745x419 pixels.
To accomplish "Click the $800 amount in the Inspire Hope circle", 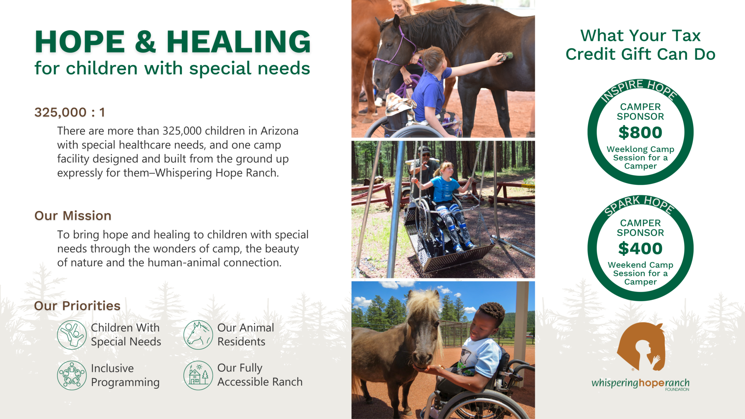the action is click(x=640, y=133).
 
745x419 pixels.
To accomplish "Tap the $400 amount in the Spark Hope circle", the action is click(x=640, y=248).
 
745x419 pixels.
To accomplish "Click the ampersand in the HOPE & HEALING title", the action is click(x=145, y=41).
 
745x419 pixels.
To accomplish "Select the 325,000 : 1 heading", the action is click(x=70, y=112).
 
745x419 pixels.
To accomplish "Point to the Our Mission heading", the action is click(x=73, y=216).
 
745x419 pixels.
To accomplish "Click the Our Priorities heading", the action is click(x=77, y=306).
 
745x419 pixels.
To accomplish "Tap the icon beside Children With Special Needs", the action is click(x=72, y=335).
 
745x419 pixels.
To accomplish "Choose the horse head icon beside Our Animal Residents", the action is click(x=198, y=335).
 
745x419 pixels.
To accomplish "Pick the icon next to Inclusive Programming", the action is click(x=72, y=375).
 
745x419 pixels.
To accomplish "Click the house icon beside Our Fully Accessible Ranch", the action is click(x=198, y=375).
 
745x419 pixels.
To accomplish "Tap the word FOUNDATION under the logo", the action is click(x=677, y=390).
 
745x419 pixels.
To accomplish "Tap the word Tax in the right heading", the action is click(x=687, y=36).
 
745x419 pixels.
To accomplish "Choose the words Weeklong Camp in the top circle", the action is click(x=640, y=149).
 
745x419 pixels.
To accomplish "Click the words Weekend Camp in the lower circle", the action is click(x=640, y=265).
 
